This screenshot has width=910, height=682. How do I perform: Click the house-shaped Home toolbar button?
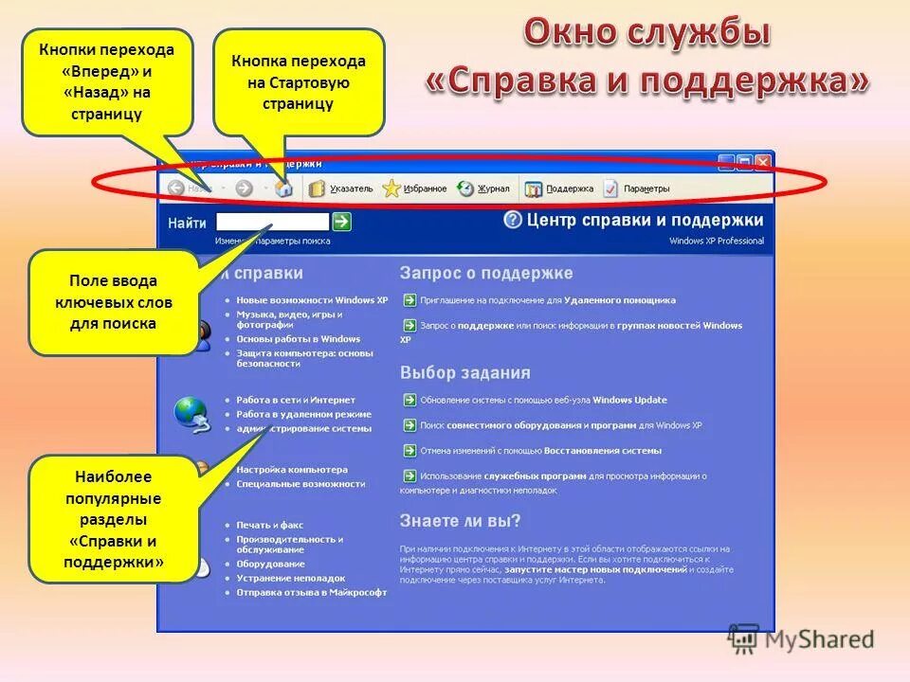(283, 188)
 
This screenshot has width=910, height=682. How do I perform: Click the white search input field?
(272, 222)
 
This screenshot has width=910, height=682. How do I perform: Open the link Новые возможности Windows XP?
(312, 300)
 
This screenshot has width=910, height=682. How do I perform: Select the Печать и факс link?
(270, 524)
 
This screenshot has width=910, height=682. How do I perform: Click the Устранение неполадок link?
(291, 578)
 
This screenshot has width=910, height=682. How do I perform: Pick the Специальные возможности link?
(300, 483)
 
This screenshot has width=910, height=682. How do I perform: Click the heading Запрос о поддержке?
(486, 273)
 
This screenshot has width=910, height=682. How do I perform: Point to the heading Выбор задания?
(464, 372)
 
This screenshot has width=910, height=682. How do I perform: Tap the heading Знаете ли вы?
(460, 521)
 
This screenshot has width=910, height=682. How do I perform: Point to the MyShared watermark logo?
(801, 639)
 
